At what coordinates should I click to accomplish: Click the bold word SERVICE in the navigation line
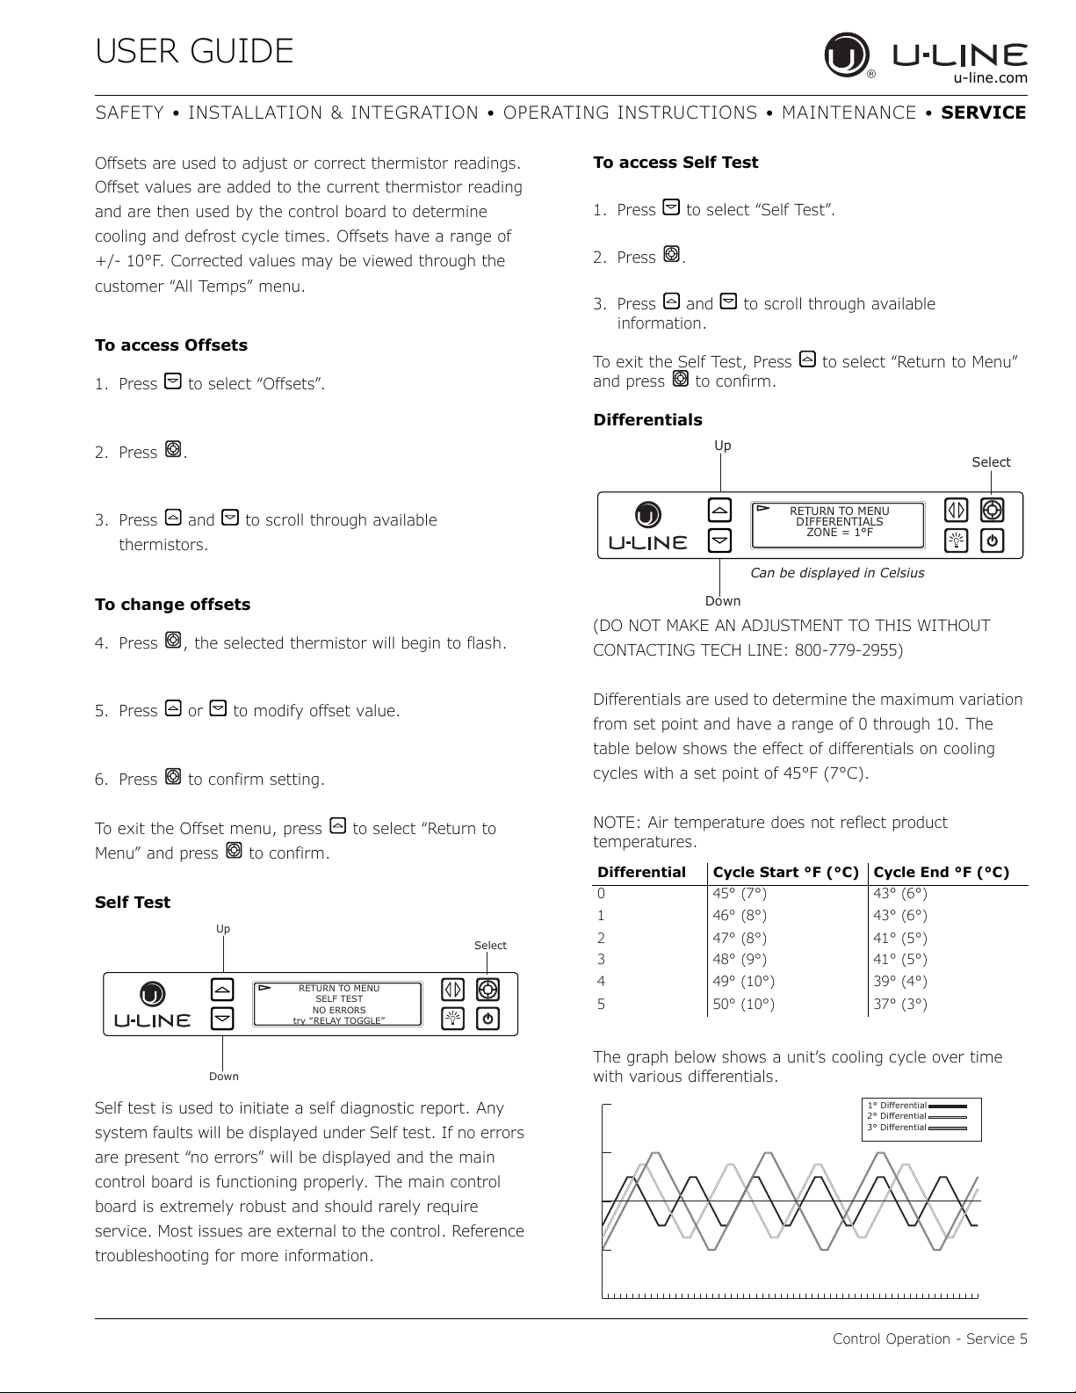(983, 112)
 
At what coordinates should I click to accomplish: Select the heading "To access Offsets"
(171, 345)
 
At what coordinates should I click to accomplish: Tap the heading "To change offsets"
(172, 605)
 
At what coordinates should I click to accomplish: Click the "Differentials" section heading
(647, 420)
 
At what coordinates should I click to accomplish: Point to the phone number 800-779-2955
(848, 650)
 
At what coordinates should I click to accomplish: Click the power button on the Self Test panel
(488, 1019)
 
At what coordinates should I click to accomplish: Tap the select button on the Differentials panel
(992, 511)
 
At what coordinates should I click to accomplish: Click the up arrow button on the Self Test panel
(223, 990)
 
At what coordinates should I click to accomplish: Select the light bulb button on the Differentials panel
(956, 541)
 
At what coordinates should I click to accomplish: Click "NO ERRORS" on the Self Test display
(339, 1010)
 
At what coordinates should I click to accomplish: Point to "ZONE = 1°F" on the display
(839, 532)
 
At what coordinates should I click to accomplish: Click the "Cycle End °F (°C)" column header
(941, 873)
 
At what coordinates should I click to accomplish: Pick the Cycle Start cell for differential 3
(739, 960)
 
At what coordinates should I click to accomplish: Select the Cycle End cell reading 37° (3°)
(899, 1004)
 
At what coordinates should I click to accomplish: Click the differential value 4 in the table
(602, 982)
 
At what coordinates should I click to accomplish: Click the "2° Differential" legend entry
(897, 1116)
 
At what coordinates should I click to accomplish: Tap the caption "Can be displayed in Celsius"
(836, 573)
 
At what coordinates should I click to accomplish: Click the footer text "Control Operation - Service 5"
(929, 1339)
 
